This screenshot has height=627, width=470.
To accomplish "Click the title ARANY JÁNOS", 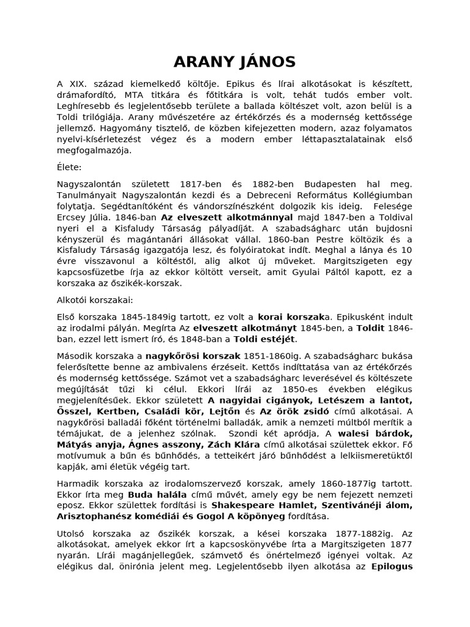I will click(x=234, y=61).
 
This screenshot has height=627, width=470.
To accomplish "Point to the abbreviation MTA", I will click(x=135, y=95).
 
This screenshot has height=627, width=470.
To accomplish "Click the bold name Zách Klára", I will click(x=233, y=443).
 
